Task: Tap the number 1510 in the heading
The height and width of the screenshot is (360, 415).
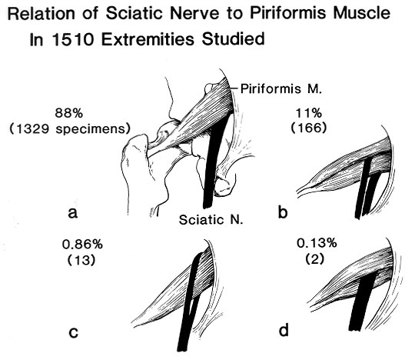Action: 73,40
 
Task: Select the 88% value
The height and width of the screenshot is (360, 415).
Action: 69,113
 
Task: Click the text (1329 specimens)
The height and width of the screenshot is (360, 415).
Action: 70,129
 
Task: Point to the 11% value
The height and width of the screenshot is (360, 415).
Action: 309,113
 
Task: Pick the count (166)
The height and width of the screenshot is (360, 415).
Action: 309,128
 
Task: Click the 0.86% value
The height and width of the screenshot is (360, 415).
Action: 82,245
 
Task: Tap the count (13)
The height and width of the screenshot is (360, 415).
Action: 81,260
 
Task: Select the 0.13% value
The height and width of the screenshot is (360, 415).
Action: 317,243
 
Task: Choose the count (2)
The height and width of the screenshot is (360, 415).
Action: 314,258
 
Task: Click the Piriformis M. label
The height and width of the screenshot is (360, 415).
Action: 281,89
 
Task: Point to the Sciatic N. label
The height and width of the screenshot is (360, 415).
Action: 211,220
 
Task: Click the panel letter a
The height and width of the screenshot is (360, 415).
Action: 73,213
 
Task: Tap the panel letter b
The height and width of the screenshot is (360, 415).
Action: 283,212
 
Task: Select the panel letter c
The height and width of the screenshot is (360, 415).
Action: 73,332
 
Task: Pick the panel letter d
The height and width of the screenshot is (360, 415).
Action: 284,331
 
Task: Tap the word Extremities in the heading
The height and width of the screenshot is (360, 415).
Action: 149,40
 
